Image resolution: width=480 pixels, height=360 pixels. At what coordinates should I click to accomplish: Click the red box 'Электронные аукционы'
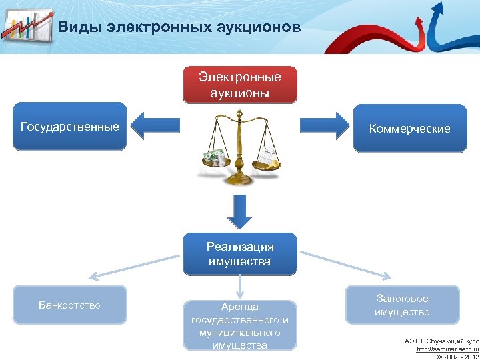pyautogui.click(x=240, y=85)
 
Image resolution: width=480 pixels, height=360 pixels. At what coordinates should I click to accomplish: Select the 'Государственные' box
pyautogui.click(x=70, y=127)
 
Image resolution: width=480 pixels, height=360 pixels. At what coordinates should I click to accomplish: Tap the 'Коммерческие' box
pyautogui.click(x=409, y=129)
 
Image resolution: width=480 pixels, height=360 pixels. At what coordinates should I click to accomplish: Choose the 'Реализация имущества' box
pyautogui.click(x=240, y=254)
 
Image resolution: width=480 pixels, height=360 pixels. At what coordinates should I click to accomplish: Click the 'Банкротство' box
pyautogui.click(x=69, y=305)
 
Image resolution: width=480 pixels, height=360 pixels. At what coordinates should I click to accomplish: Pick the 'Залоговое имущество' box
pyautogui.click(x=402, y=305)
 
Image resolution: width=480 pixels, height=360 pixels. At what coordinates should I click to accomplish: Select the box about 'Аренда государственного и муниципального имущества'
pyautogui.click(x=240, y=325)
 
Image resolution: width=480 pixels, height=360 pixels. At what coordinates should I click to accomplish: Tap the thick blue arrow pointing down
pyautogui.click(x=239, y=212)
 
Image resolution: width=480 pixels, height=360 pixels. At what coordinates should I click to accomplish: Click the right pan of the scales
pyautogui.click(x=267, y=161)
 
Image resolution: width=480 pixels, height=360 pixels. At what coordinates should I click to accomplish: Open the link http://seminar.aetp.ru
pyautogui.click(x=447, y=349)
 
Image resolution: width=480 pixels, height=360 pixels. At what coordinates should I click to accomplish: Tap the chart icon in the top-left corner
pyautogui.click(x=27, y=27)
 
